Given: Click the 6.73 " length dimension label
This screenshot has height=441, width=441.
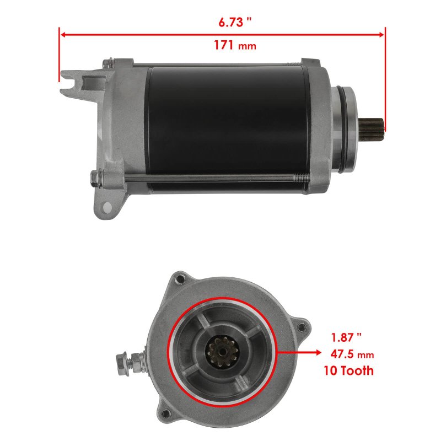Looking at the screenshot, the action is (x=235, y=22).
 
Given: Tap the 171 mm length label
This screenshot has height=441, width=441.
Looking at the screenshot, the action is (x=235, y=45).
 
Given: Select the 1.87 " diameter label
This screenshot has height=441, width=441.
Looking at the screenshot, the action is (x=346, y=337).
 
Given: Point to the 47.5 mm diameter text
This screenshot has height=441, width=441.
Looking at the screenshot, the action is (x=352, y=354).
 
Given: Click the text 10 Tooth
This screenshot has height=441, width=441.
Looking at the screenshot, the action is (x=349, y=370).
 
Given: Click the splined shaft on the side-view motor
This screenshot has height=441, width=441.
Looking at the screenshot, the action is (x=372, y=130).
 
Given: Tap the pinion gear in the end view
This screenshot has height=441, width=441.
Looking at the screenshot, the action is (x=223, y=352).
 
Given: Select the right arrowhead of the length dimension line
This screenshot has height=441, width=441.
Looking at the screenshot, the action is (x=381, y=35).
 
